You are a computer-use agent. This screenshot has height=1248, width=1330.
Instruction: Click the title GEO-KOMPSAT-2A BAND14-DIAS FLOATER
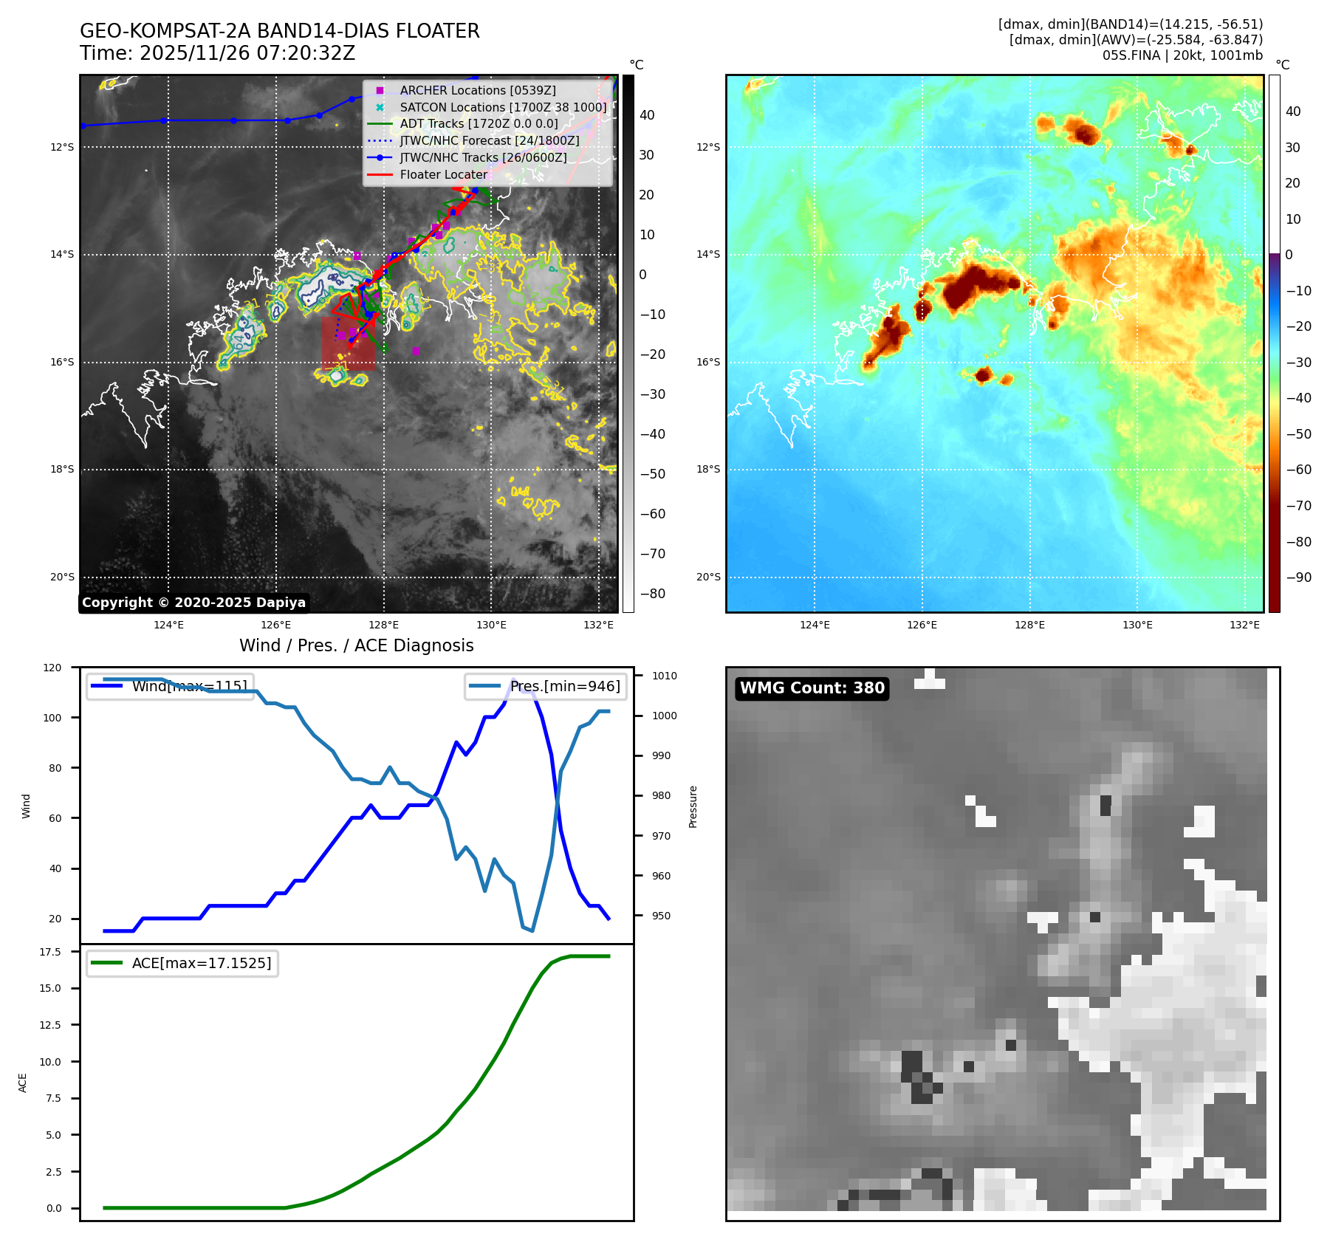tap(279, 31)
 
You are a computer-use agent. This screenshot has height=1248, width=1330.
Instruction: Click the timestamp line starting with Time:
tap(217, 53)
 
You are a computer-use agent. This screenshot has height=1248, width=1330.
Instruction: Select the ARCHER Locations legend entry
tap(477, 90)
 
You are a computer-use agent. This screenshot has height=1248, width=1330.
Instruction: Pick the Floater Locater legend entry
tap(443, 175)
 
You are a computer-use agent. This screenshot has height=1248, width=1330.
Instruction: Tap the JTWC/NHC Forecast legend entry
tap(489, 141)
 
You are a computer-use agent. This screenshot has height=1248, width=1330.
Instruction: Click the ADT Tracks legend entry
tap(479, 124)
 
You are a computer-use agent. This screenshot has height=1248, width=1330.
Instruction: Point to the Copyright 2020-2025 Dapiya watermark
tap(193, 603)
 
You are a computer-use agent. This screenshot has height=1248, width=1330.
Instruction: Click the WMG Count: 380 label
tap(812, 688)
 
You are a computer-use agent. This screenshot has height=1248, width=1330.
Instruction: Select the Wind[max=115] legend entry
tap(189, 686)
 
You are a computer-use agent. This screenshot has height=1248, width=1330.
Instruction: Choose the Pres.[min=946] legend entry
tap(565, 686)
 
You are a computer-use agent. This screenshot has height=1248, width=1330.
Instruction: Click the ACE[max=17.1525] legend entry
tap(201, 963)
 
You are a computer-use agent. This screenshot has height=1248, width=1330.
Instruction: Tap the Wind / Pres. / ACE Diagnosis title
tap(356, 645)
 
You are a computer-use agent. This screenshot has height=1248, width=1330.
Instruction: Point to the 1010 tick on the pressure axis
tap(664, 676)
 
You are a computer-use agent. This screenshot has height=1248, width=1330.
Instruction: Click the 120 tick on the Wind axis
tap(52, 668)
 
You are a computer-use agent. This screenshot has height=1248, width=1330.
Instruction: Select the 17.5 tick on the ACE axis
tap(50, 952)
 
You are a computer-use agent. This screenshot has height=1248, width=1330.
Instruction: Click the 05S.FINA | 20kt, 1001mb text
tap(1182, 55)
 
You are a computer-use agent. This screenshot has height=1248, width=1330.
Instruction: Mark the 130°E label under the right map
tap(1137, 625)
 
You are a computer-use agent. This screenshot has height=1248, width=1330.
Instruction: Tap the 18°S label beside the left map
tap(62, 470)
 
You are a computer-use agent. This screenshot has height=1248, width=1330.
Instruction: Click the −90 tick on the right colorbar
tap(1298, 577)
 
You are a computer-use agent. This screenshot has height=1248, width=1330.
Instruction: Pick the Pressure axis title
tap(693, 806)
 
